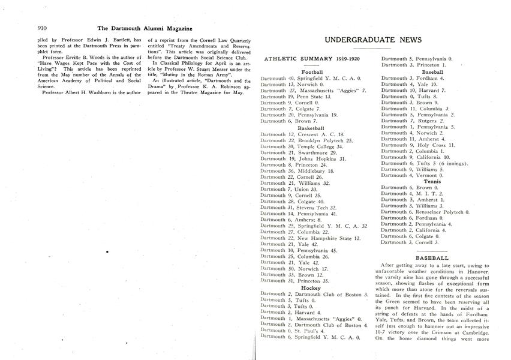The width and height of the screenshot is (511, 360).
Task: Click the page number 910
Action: pyautogui.click(x=42, y=28)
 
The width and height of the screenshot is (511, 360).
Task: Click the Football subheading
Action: pyautogui.click(x=312, y=72)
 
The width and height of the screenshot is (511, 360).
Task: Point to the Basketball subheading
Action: pyautogui.click(x=311, y=128)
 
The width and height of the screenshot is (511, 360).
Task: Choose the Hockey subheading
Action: pyautogui.click(x=311, y=288)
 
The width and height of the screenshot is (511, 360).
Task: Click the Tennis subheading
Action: pyautogui.click(x=432, y=181)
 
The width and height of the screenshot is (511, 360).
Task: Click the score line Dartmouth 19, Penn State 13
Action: pyautogui.click(x=292, y=97)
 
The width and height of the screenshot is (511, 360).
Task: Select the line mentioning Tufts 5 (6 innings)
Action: pyautogui.click(x=425, y=163)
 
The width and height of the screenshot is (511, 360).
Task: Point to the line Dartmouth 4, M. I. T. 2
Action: pyautogui.click(x=412, y=193)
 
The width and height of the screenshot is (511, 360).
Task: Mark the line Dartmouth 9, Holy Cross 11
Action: pyautogui.click(x=418, y=145)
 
